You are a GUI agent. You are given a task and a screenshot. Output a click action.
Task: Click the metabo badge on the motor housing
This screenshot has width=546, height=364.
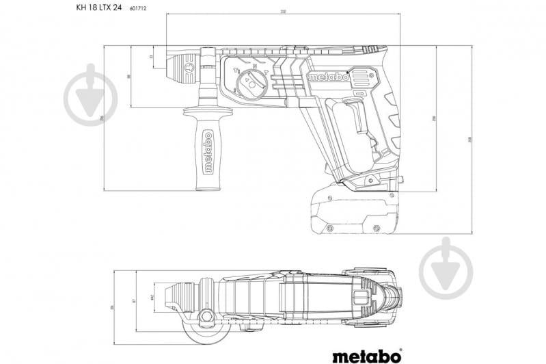pos(330,77)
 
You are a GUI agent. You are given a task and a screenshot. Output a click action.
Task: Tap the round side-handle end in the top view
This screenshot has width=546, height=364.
pos(206,336)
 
